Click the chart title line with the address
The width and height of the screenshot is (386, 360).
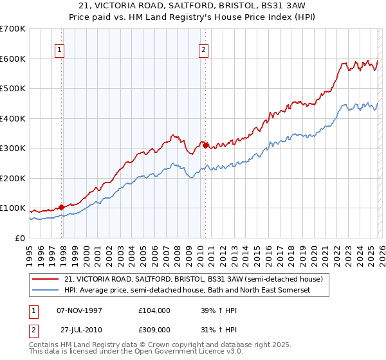pos(193,5)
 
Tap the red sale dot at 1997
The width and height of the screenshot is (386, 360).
pos(62,207)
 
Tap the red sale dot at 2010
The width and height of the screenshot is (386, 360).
pos(206,146)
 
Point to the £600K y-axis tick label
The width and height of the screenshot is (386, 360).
pos(12,59)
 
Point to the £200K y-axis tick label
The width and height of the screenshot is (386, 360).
pos(12,178)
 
